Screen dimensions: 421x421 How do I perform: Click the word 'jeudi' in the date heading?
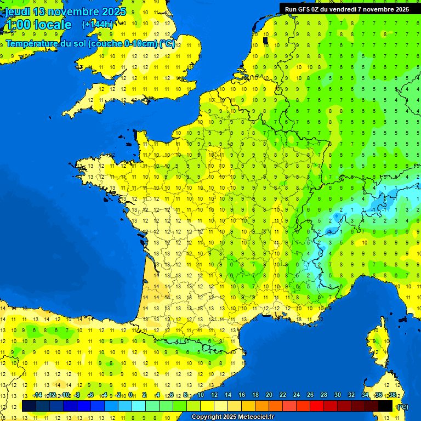pyautogui.click(x=18, y=12)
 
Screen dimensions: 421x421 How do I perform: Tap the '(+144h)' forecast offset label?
pyautogui.click(x=97, y=24)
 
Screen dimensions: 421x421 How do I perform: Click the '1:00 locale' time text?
pyautogui.click(x=38, y=25)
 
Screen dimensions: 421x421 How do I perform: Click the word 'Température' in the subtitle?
pyautogui.click(x=32, y=44)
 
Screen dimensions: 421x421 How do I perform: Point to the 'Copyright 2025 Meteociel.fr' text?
pyautogui.click(x=232, y=417)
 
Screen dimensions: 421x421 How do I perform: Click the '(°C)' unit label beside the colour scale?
pyautogui.click(x=402, y=407)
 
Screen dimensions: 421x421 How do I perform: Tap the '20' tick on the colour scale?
pyautogui.click(x=269, y=395)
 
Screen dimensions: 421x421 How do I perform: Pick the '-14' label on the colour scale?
pyautogui.click(x=38, y=395)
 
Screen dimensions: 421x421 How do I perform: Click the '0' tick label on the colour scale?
pyautogui.click(x=130, y=395)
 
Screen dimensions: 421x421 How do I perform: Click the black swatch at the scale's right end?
pyautogui.click(x=385, y=406)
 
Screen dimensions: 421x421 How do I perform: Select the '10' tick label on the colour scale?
pyautogui.click(x=201, y=395)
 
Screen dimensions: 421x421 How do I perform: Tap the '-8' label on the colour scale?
pyautogui.click(x=77, y=395)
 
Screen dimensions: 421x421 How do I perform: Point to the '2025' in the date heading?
pyautogui.click(x=113, y=12)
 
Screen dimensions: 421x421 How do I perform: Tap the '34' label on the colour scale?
pyautogui.click(x=365, y=395)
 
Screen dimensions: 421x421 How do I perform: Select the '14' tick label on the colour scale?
pyautogui.click(x=228, y=395)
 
